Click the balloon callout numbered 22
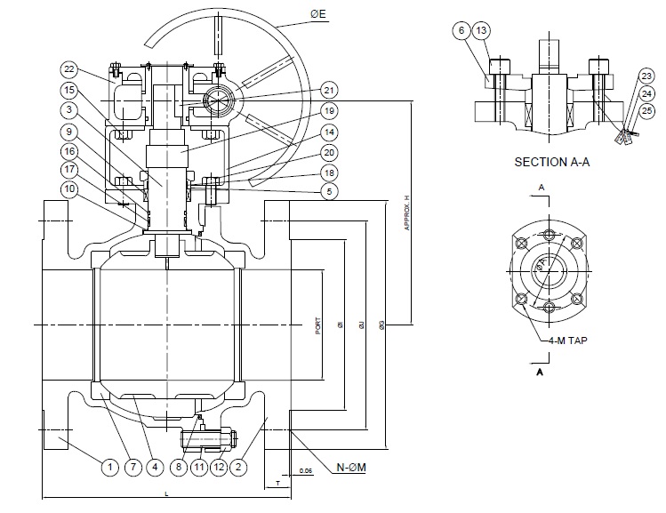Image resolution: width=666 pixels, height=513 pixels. [x=70, y=69]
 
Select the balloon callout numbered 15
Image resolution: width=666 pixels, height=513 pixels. [x=70, y=90]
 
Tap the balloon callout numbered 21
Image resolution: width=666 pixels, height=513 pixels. [x=329, y=91]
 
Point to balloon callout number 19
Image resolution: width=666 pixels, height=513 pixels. [x=329, y=111]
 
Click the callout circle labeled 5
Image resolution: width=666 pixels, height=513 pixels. [x=329, y=189]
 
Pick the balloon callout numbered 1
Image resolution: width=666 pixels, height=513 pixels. [x=108, y=465]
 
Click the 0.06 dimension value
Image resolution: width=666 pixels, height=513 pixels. [x=306, y=469]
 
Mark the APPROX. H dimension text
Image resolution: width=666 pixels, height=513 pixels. [x=407, y=213]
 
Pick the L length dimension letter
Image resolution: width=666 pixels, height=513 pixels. [x=167, y=493]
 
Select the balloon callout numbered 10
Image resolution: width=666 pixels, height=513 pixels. [x=70, y=189]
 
